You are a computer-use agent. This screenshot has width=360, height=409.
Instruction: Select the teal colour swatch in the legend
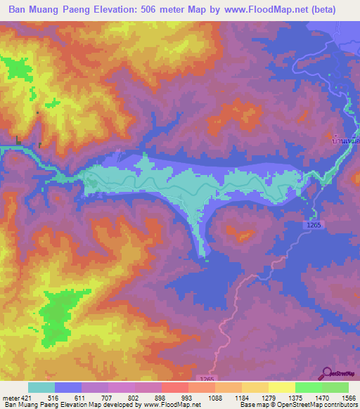[41, 387]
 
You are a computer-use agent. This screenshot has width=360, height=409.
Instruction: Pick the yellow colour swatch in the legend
[281, 387]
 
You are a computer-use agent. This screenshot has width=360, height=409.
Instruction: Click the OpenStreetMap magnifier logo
[326, 372]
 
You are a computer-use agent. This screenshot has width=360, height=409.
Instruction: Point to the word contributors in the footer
[340, 405]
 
